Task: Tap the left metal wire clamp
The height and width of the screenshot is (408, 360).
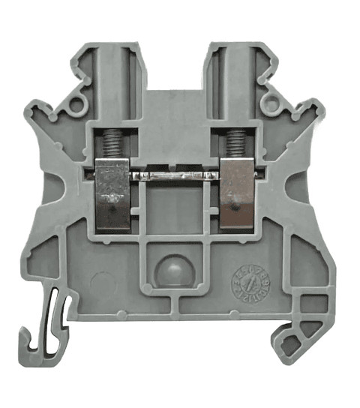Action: click(113, 193)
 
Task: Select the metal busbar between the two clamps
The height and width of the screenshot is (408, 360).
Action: click(174, 175)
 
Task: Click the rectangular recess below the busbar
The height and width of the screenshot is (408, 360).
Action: click(174, 210)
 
